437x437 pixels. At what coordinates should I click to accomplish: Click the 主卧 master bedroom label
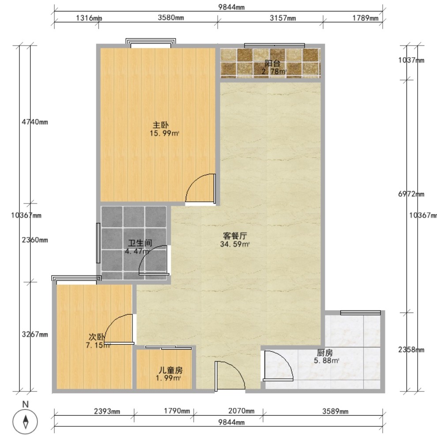coord(160,125)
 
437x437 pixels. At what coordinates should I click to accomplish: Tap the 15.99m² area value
coord(164,133)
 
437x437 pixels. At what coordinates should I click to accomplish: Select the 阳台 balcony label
coord(272,63)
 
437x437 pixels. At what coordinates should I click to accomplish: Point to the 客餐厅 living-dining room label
coord(235,236)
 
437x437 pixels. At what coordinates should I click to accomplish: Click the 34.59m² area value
coord(235,245)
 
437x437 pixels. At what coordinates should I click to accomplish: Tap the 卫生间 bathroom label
coord(140,243)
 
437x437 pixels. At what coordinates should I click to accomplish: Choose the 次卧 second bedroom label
coord(97,337)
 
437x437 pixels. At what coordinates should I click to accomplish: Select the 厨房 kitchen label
coord(325,353)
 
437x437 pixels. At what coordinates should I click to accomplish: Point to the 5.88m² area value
coord(326,361)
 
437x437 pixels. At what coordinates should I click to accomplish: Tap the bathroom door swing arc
coord(147,254)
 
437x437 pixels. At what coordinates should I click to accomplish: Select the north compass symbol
coord(25,422)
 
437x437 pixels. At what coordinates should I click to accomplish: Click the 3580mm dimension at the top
coord(171,18)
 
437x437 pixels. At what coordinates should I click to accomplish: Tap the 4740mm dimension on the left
coord(35,122)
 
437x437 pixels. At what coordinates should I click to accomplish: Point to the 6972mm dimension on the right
coord(411,194)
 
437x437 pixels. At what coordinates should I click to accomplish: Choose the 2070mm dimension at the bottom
coord(241,411)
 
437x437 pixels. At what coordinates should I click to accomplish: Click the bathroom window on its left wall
coord(98,243)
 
